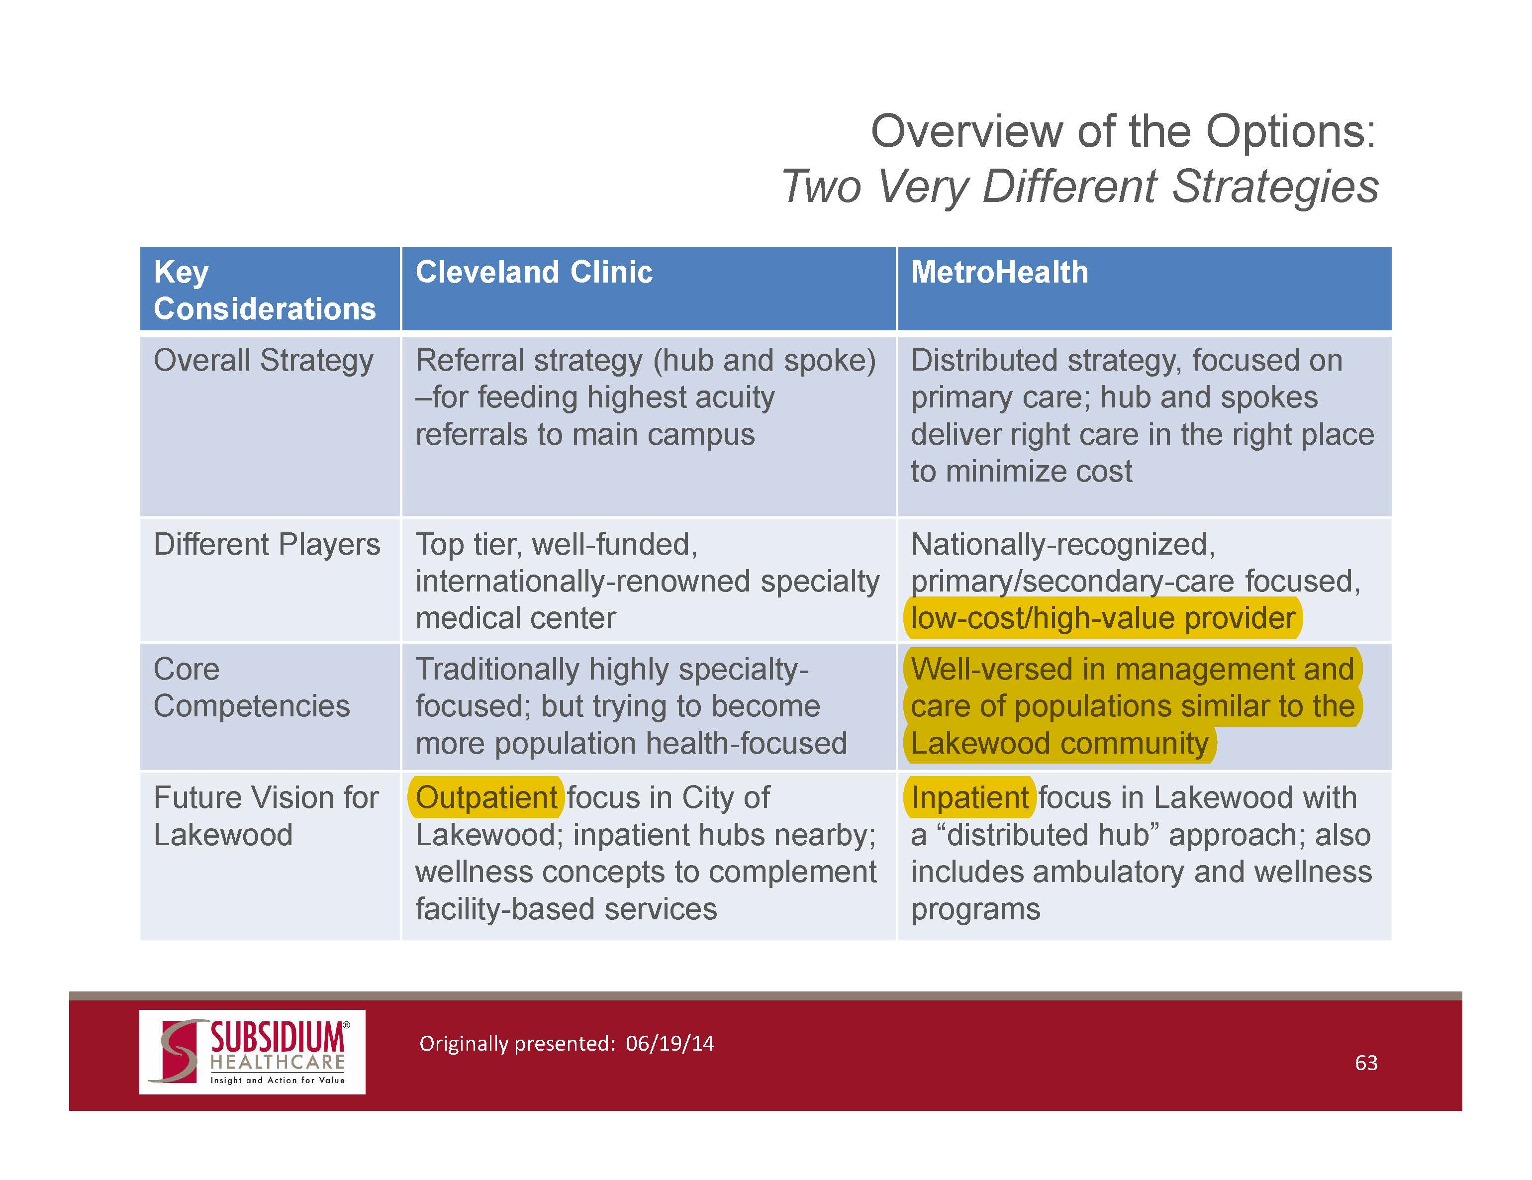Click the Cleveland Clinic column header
point(534,272)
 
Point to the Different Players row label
point(267,544)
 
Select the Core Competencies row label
point(251,688)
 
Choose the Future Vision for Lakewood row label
point(266,816)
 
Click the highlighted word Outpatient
point(486,797)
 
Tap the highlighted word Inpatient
point(969,797)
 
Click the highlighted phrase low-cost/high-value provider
point(1103,618)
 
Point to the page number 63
point(1366,1063)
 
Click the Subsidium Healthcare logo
point(253,1052)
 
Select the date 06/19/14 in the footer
point(670,1043)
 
